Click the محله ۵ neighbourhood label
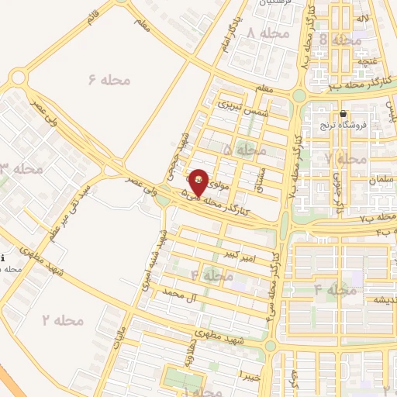pos(245,148)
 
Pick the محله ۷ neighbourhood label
pos(346,158)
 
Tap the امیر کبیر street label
pos(234,254)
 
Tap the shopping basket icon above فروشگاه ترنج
pos(343,114)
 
